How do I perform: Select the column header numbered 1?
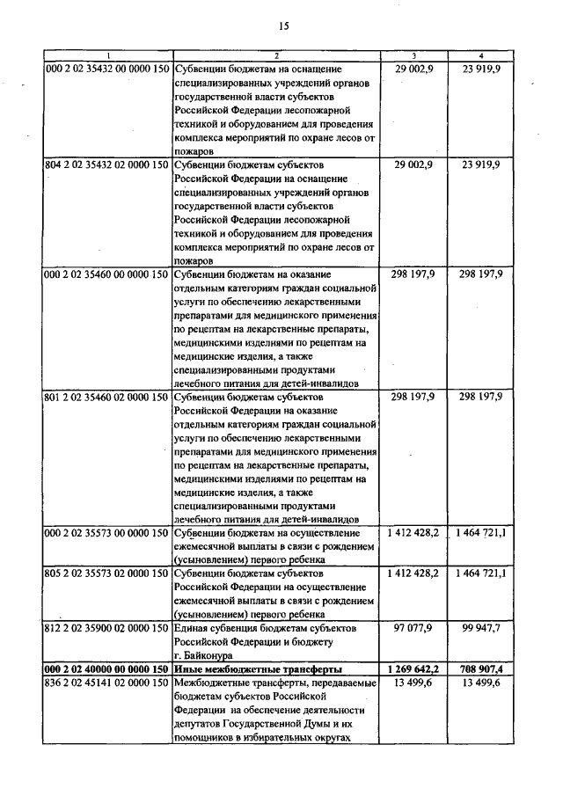coord(107,56)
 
